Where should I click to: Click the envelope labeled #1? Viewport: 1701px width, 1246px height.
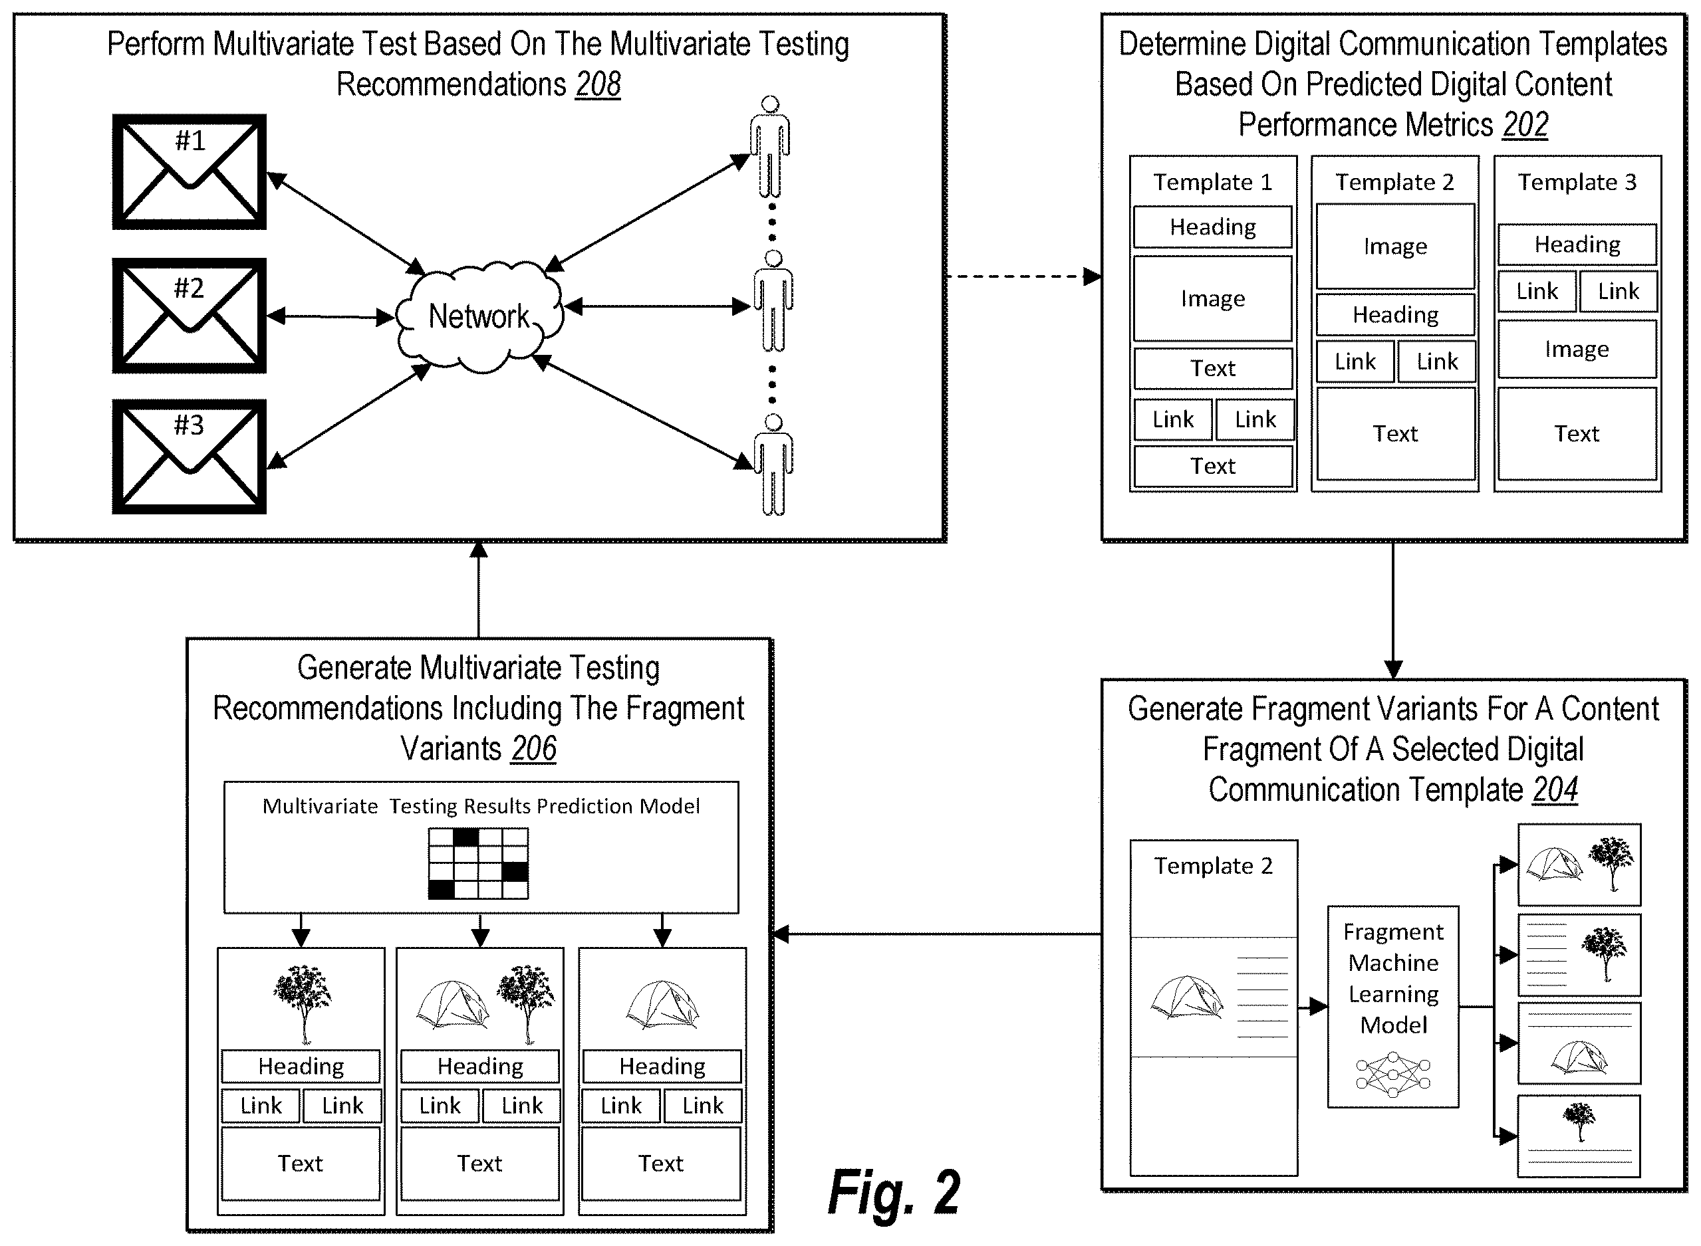click(x=190, y=172)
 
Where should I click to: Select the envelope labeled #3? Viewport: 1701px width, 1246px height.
click(x=190, y=457)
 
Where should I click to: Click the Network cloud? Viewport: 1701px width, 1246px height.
click(x=480, y=317)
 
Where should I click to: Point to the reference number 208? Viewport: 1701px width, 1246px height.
click(x=598, y=84)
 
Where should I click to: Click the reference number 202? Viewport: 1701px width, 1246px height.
click(x=1525, y=124)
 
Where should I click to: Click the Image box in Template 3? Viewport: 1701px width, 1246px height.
click(x=1577, y=349)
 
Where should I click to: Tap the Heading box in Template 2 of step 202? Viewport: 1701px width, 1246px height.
click(x=1395, y=314)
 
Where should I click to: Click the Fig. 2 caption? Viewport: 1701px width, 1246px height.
click(x=894, y=1192)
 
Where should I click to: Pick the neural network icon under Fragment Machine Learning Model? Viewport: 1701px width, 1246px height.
click(x=1393, y=1075)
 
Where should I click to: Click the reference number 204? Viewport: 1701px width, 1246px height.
click(x=1555, y=789)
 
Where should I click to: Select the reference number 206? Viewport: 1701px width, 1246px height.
click(x=533, y=748)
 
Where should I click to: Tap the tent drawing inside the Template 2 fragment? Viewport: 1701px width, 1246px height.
click(x=1187, y=997)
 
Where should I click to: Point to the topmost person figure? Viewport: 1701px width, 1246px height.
click(x=770, y=146)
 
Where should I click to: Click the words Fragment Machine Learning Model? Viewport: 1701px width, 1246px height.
click(x=1393, y=978)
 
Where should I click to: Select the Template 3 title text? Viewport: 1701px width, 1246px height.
click(x=1577, y=182)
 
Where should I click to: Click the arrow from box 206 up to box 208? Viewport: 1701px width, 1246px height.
click(x=479, y=590)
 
